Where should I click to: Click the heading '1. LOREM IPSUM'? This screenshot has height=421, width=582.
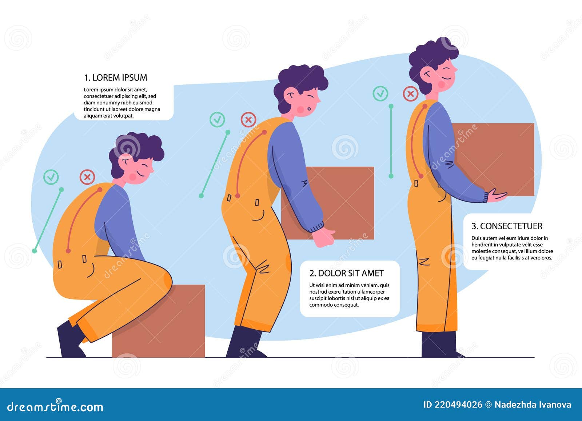116,78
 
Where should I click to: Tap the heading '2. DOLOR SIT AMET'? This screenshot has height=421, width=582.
346,273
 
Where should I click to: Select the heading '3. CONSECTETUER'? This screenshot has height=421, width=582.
507,226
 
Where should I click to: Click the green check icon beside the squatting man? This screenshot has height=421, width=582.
51,177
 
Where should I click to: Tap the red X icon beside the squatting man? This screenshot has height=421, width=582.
87,177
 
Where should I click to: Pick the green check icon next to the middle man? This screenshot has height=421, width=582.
217,119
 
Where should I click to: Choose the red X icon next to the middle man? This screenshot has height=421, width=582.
248,119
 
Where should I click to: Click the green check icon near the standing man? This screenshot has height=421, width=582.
380,94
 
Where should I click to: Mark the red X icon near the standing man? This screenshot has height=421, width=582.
411,94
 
